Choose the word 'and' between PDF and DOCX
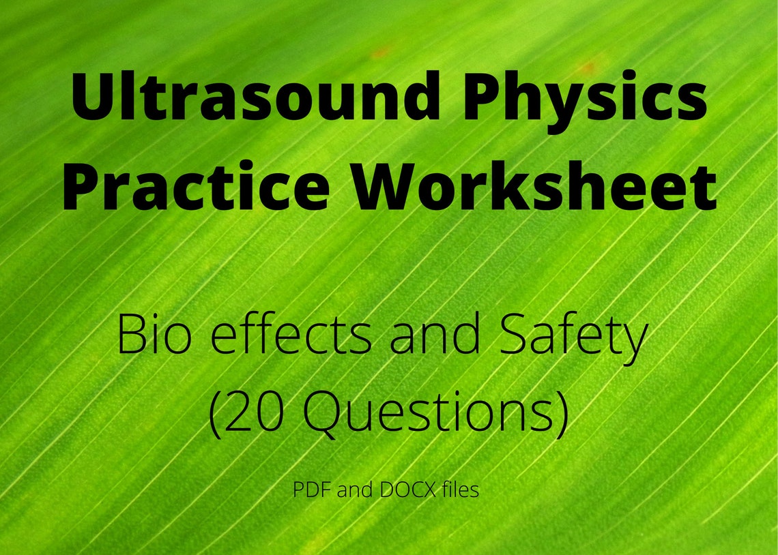[354, 490]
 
